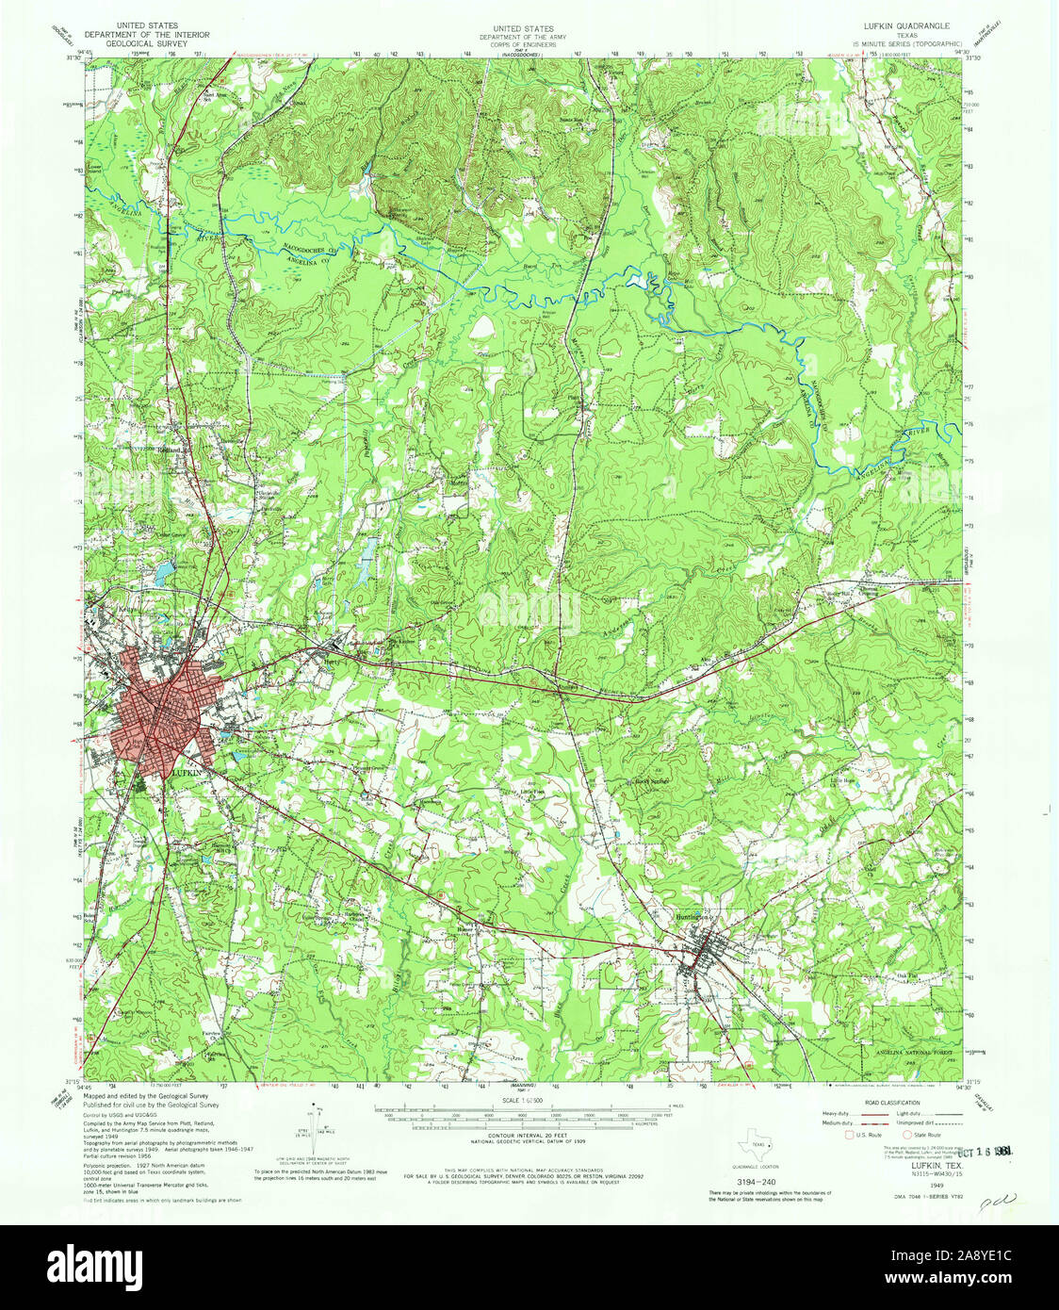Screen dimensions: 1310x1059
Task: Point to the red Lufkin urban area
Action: pos(165,712)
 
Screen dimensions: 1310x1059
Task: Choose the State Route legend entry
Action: pos(921,1136)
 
